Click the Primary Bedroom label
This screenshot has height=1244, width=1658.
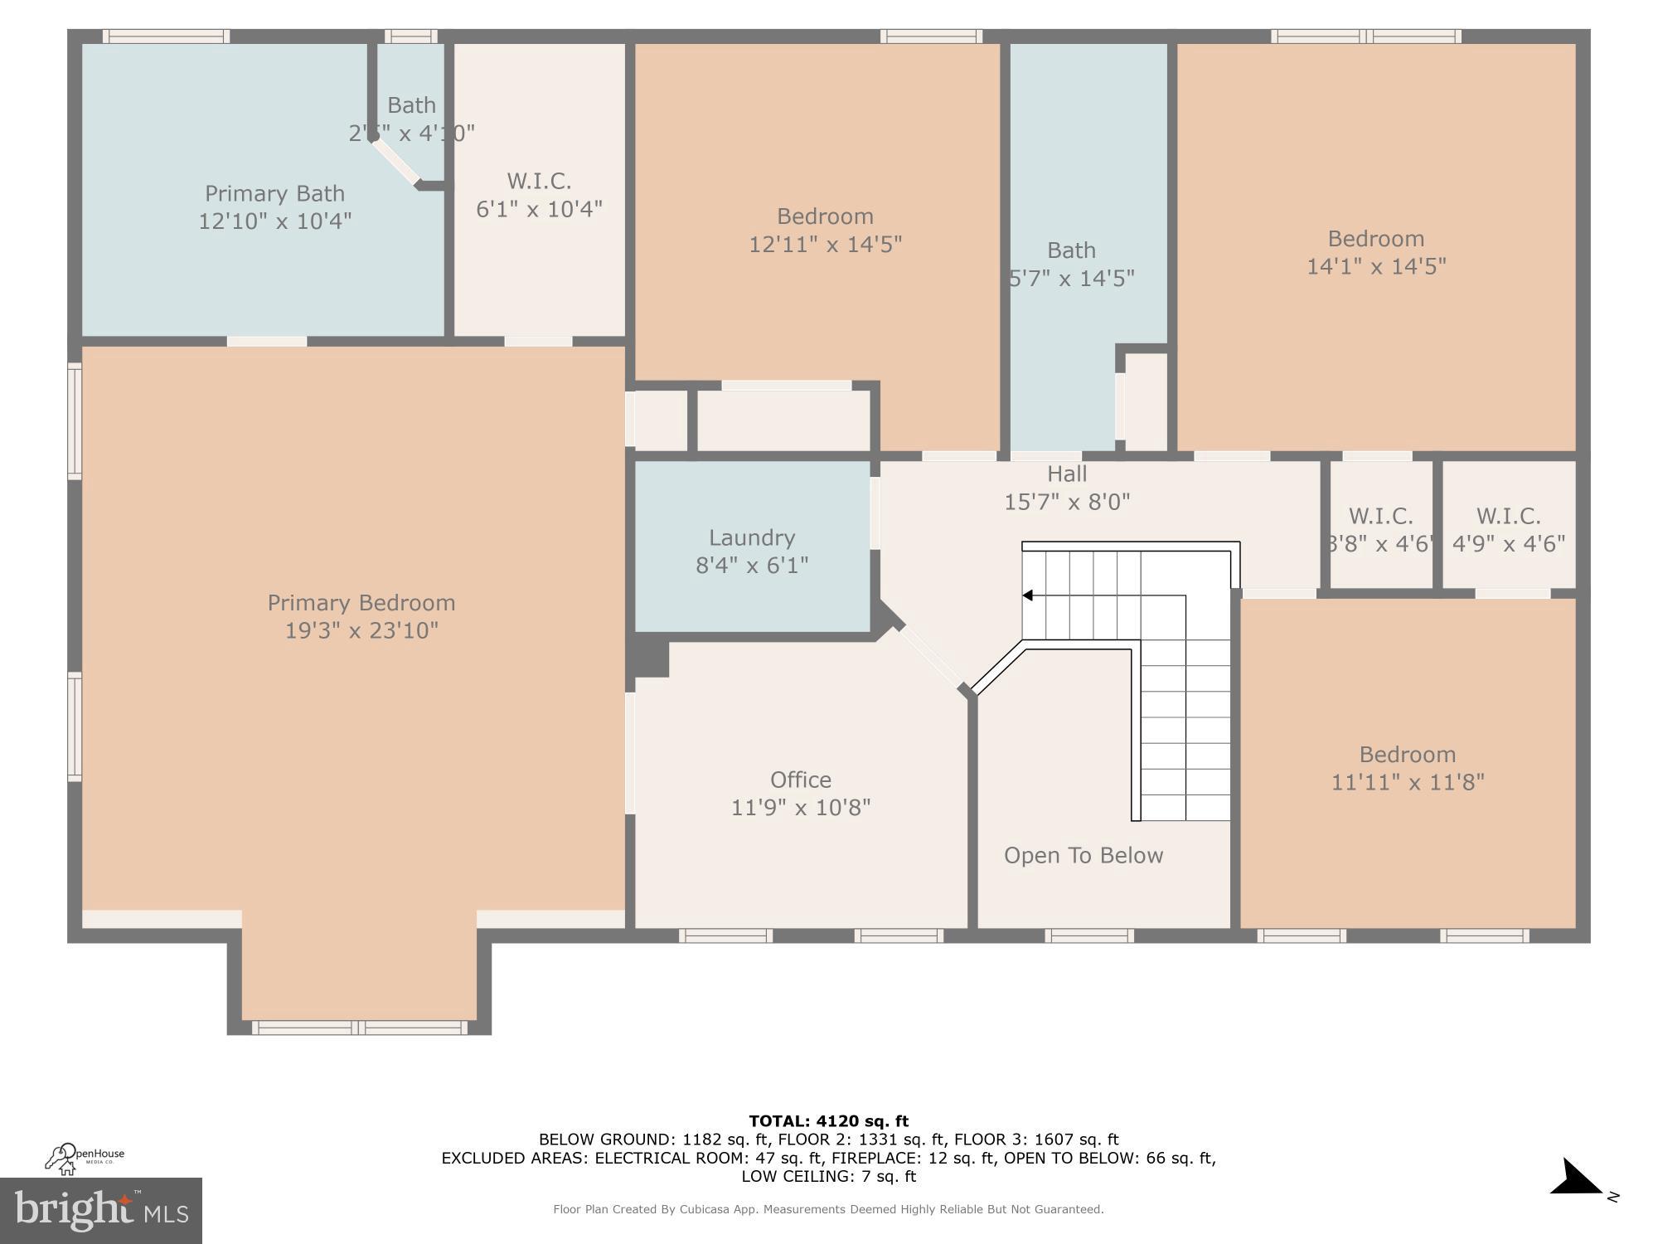tap(361, 603)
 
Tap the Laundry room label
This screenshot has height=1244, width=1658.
tap(751, 537)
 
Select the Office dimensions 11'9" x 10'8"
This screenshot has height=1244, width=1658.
tap(800, 807)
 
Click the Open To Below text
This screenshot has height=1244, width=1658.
tap(1083, 855)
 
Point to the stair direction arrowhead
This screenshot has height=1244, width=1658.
tap(1027, 595)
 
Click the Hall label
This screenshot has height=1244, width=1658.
tap(1066, 474)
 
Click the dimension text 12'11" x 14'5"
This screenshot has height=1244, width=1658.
tap(825, 245)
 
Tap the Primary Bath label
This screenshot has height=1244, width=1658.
tap(274, 193)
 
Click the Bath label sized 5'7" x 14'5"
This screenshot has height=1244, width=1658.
tap(1071, 250)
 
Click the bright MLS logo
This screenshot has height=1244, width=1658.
tap(100, 1211)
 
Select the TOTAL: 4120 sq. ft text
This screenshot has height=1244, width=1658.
tap(828, 1121)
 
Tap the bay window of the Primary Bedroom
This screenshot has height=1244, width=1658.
tap(359, 1028)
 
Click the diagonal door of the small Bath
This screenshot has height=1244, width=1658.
tap(396, 162)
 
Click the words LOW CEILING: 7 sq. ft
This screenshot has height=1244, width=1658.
tap(828, 1176)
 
